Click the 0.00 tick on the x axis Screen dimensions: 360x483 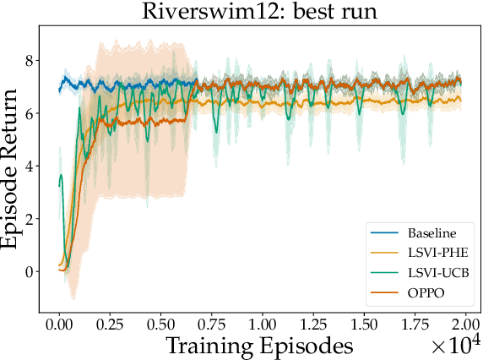(x=59, y=325)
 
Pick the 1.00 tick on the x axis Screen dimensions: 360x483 (x=262, y=325)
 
